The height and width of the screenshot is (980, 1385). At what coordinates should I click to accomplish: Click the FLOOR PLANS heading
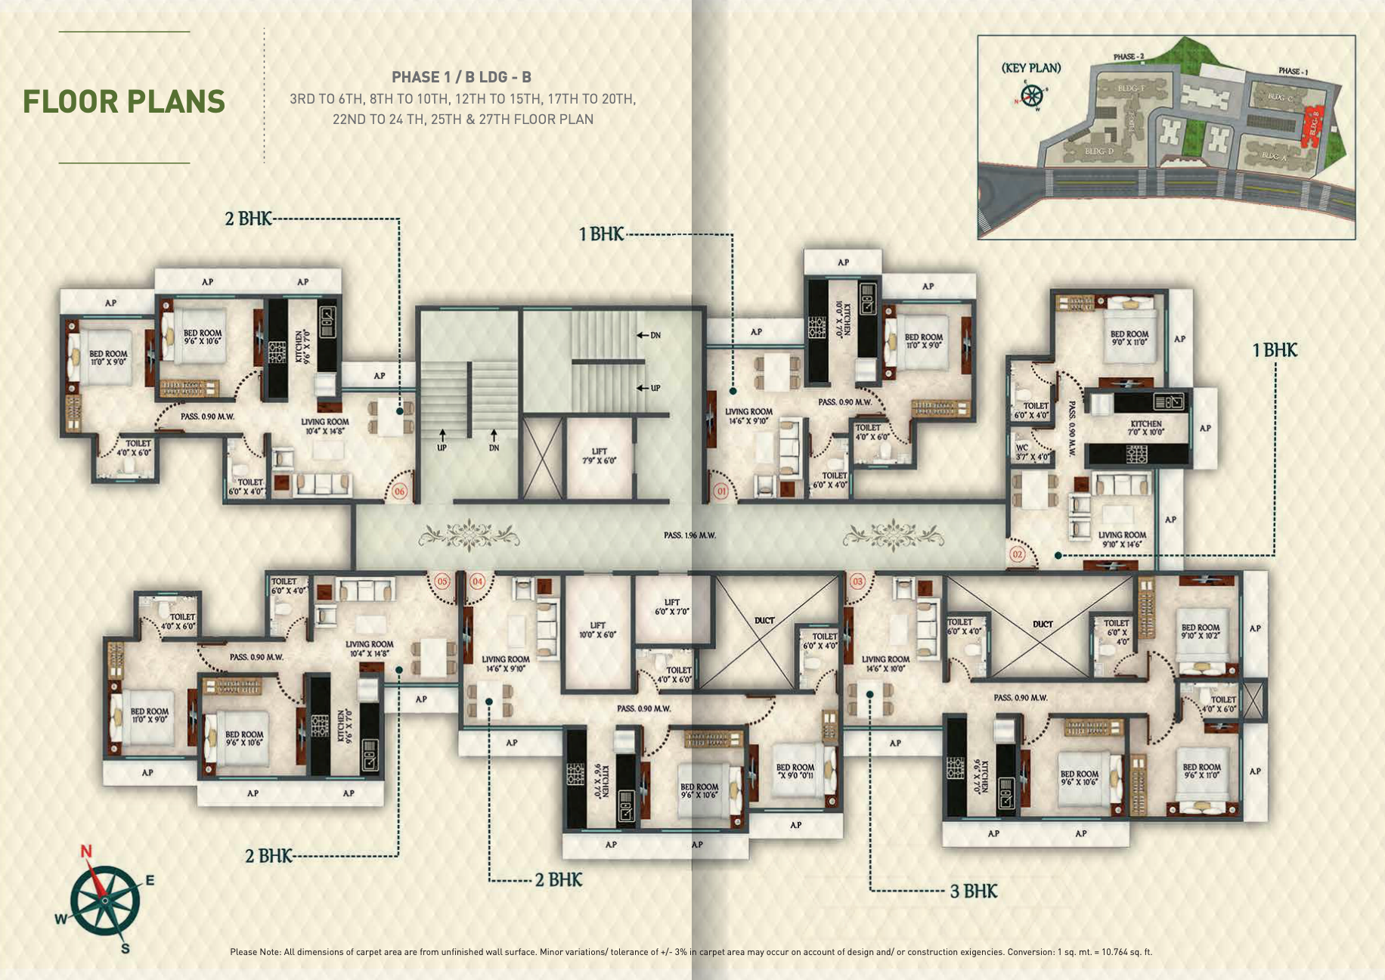pyautogui.click(x=124, y=101)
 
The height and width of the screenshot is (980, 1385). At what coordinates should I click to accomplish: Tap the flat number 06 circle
pyautogui.click(x=400, y=492)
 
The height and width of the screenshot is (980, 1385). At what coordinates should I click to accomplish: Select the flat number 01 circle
pyautogui.click(x=721, y=492)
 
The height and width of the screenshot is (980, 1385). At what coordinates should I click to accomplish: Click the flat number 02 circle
pyautogui.click(x=1018, y=554)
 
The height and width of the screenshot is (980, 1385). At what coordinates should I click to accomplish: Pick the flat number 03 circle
pyautogui.click(x=857, y=581)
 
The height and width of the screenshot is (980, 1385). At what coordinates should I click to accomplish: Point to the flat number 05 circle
pyautogui.click(x=442, y=581)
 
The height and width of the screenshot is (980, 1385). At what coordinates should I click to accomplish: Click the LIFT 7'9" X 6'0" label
pyautogui.click(x=599, y=456)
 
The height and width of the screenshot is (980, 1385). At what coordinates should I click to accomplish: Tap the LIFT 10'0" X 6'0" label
pyautogui.click(x=598, y=630)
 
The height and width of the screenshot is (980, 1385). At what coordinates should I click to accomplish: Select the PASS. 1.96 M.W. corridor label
pyautogui.click(x=689, y=535)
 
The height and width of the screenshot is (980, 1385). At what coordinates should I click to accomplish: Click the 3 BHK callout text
pyautogui.click(x=974, y=891)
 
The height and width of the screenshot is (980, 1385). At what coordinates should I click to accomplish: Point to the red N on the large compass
pyautogui.click(x=86, y=852)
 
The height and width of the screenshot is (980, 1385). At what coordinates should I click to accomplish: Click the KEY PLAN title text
pyautogui.click(x=1031, y=68)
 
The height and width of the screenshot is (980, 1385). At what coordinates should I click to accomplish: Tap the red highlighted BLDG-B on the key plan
pyautogui.click(x=1312, y=125)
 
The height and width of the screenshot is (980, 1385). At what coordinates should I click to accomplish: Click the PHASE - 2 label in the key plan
pyautogui.click(x=1129, y=57)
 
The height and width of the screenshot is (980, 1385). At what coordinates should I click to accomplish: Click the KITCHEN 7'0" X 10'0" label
pyautogui.click(x=1145, y=428)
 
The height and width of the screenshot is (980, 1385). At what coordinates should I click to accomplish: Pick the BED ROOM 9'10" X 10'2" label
pyautogui.click(x=1201, y=631)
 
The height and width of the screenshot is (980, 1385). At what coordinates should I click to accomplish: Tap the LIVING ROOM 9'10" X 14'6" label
pyautogui.click(x=1122, y=539)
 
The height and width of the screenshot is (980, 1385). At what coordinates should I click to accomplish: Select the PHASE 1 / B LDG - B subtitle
pyautogui.click(x=461, y=77)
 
